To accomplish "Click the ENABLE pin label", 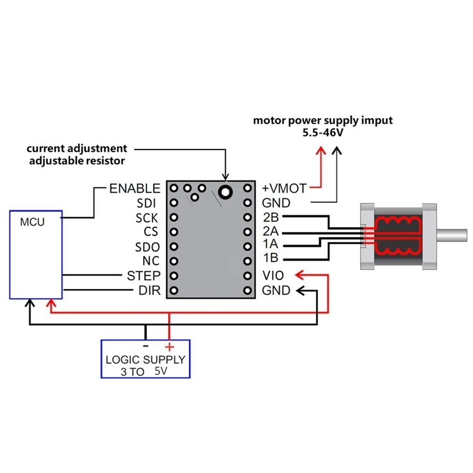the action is coord(135,189).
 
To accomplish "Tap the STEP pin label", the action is coord(144,276).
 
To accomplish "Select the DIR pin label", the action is coord(150,290).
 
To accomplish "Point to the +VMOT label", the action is coord(284,189).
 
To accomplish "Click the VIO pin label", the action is coord(273,276).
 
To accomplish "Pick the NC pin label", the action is coord(151,261).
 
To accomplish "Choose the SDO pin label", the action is coord(147,247).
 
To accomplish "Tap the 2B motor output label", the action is coord(271,217).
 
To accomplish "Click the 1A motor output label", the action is coord(270,244).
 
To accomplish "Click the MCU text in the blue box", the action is coord(33,222).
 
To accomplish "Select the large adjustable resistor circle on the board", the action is coord(225,192).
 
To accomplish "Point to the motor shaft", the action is coord(452,235).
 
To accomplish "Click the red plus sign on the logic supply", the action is coord(170,347).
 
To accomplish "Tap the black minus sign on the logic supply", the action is coord(145,346).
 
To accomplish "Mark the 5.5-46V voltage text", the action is coord(323,132).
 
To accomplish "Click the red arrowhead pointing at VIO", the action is coord(300,275).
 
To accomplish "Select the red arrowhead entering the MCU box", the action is coord(51,303).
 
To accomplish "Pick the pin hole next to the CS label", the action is coord(174,232).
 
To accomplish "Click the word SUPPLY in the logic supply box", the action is coord(164,359).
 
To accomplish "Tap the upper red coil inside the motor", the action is coord(397,223).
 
